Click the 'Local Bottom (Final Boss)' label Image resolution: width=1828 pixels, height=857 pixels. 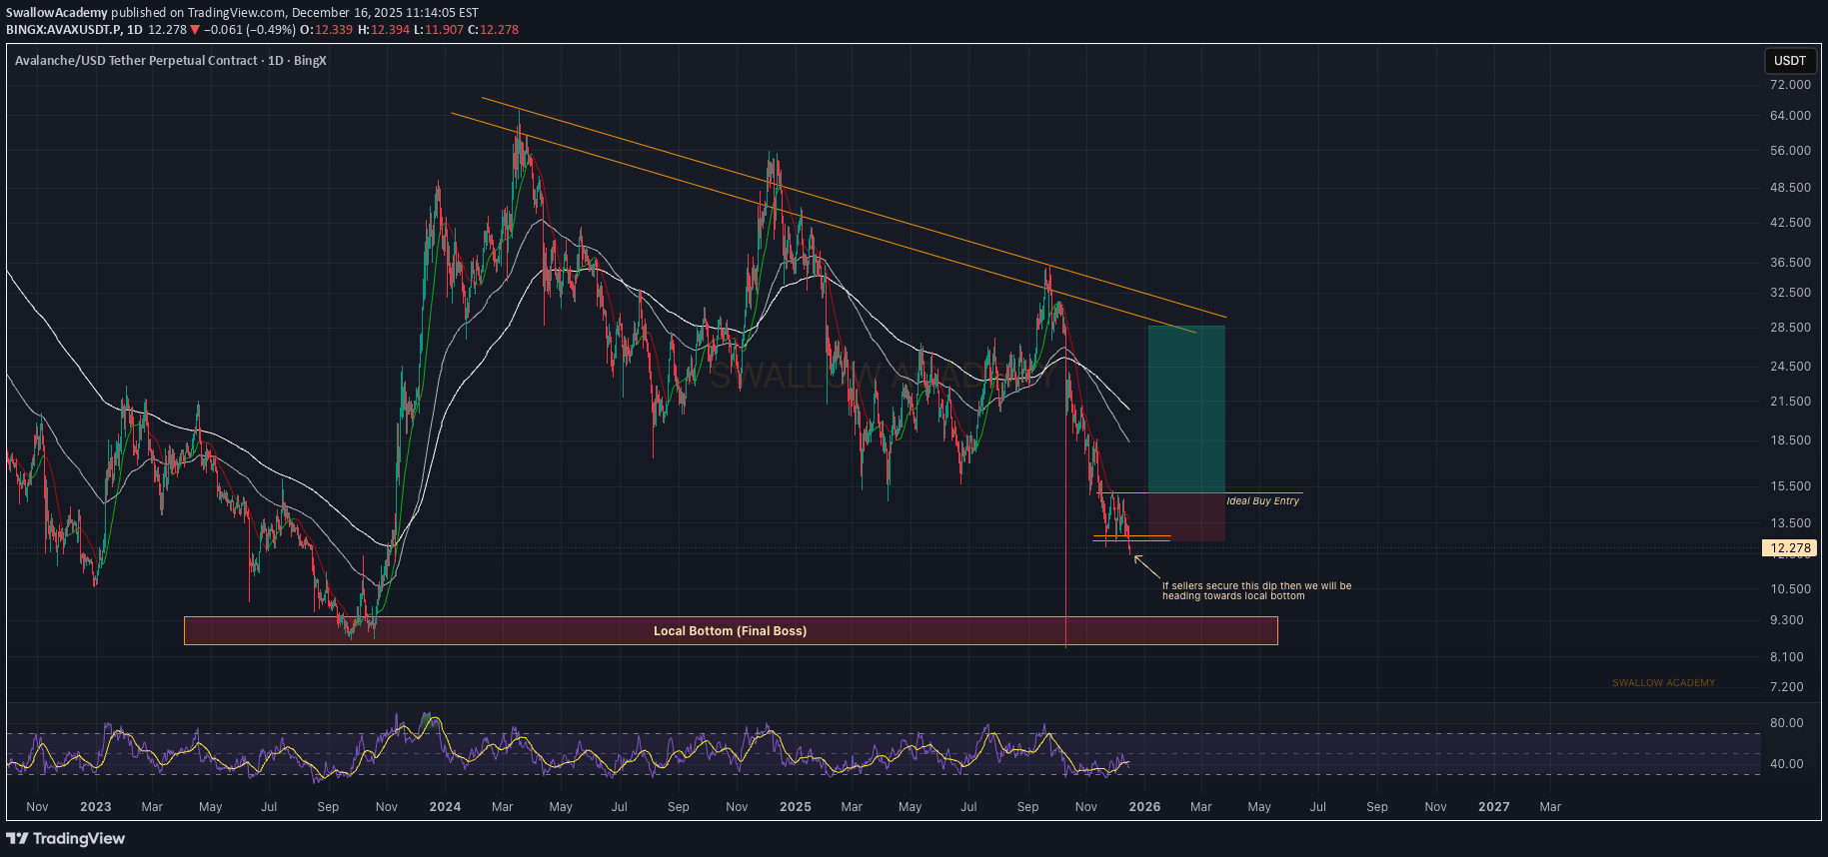(x=730, y=631)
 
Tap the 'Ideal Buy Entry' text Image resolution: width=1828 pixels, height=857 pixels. (x=1262, y=501)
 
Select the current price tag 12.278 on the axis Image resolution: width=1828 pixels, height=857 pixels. (x=1789, y=548)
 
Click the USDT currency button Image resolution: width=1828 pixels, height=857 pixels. (x=1789, y=61)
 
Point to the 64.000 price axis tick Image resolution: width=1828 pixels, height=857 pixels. (x=1789, y=116)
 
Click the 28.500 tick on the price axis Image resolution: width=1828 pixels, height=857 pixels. (x=1789, y=328)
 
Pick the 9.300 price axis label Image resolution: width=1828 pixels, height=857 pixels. (x=1786, y=620)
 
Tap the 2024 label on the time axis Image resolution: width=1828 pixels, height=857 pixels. (x=445, y=807)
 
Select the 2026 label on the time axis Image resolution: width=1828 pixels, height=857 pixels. (x=1144, y=807)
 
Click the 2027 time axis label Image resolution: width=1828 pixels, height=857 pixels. (x=1493, y=807)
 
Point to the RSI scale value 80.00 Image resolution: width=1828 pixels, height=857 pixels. (x=1786, y=723)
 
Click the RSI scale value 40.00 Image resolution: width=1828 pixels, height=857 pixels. (x=1786, y=764)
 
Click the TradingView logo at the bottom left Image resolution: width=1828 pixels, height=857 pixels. (x=66, y=839)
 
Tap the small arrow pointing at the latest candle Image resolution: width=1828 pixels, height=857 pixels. (x=1146, y=566)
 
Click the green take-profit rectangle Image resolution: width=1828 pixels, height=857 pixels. (x=1186, y=410)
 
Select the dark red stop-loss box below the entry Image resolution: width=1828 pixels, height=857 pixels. (x=1186, y=517)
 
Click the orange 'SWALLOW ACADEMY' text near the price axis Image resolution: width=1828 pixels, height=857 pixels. (x=1663, y=683)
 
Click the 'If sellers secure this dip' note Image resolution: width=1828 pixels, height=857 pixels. (x=1256, y=591)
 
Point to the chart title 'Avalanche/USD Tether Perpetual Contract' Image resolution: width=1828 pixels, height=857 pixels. (x=137, y=61)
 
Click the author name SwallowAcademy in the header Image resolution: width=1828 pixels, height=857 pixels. (x=57, y=13)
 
